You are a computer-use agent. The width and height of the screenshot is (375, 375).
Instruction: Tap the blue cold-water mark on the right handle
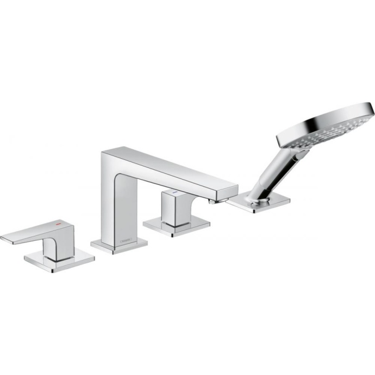(x=174, y=193)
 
